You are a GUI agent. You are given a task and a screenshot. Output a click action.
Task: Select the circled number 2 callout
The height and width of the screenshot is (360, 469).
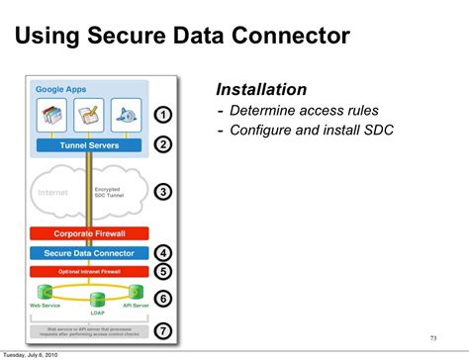(164, 144)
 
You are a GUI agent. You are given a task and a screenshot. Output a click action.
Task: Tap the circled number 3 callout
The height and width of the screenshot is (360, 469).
(164, 192)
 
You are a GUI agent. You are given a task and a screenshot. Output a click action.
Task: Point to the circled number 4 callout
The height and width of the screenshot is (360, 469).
(164, 252)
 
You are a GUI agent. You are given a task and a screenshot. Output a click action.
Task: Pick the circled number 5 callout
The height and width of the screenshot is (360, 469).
(164, 270)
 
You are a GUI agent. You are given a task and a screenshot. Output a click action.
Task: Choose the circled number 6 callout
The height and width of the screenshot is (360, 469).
(164, 298)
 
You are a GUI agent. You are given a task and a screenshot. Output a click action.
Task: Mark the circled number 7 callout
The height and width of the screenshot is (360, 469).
(164, 330)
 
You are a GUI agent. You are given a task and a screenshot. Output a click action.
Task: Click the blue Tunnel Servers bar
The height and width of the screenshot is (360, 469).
(90, 145)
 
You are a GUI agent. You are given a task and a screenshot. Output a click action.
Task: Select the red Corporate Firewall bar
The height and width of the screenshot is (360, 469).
(90, 233)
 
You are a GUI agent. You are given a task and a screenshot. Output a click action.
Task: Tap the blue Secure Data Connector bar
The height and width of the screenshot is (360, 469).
(90, 253)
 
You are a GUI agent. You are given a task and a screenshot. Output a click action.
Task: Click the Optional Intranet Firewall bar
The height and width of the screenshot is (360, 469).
(90, 271)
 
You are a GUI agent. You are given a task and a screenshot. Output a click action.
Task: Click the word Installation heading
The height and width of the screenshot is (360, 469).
(261, 89)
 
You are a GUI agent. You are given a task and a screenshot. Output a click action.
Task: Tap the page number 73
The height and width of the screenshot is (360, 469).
(432, 337)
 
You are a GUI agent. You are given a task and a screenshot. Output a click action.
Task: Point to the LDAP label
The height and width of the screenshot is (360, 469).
(97, 313)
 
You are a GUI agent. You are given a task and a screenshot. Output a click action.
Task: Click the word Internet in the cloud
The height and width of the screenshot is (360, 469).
(53, 193)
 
